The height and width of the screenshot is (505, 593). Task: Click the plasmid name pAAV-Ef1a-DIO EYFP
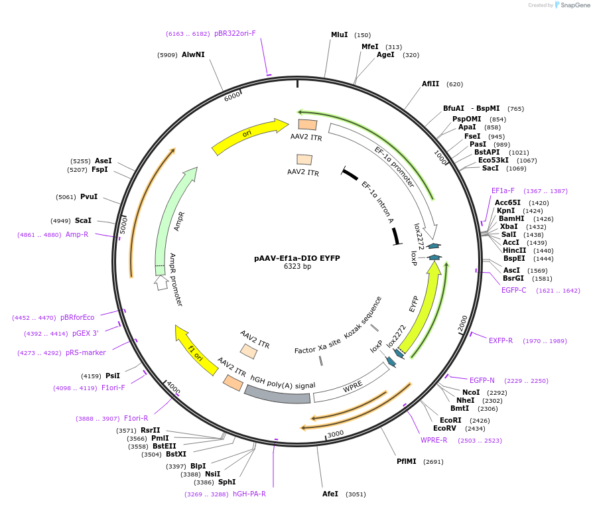(296, 258)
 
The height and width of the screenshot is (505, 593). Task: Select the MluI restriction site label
(339, 35)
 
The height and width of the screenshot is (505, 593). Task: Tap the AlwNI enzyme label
(193, 55)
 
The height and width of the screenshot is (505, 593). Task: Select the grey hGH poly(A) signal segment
(277, 395)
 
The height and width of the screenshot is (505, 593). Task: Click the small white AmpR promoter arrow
(161, 283)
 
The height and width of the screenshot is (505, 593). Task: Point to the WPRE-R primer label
(434, 440)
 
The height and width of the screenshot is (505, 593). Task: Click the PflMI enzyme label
(406, 461)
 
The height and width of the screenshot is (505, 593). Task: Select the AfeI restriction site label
(330, 494)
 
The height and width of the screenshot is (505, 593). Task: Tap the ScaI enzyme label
(83, 220)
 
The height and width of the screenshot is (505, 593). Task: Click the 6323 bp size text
(296, 267)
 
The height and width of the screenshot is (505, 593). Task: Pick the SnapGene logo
(571, 5)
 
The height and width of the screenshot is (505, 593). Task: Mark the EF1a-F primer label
(503, 191)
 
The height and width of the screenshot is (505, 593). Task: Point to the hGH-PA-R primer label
(249, 494)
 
